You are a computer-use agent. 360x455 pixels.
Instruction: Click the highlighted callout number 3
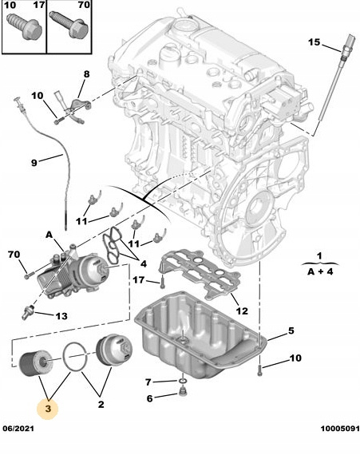click(48, 409)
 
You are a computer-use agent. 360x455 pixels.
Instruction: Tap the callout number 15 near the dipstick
click(314, 42)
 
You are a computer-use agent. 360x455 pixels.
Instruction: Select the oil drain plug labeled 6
click(183, 392)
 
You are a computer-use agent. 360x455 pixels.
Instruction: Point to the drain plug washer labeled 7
click(182, 381)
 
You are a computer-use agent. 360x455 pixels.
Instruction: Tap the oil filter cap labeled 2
click(114, 350)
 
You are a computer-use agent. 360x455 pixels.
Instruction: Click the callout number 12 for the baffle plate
click(242, 311)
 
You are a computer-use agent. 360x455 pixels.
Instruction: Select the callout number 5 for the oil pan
click(291, 330)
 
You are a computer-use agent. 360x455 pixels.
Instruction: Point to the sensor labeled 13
click(28, 311)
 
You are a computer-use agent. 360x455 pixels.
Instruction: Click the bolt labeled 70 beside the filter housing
click(30, 275)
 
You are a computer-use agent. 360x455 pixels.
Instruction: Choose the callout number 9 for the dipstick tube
click(34, 163)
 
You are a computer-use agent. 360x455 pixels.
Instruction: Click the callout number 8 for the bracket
click(86, 74)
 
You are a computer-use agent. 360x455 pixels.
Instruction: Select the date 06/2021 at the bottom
click(18, 429)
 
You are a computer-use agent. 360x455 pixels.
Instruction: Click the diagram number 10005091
click(340, 429)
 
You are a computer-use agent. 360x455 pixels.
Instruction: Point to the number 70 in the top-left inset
click(84, 5)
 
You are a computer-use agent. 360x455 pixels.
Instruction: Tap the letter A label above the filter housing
click(49, 235)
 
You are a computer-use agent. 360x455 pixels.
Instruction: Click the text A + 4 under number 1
click(320, 272)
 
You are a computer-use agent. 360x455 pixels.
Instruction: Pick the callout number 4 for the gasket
click(143, 263)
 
